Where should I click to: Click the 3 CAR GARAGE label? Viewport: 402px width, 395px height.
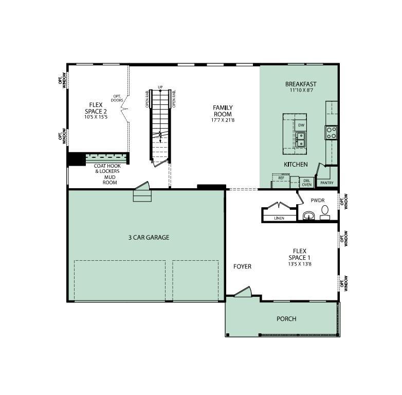[149, 238]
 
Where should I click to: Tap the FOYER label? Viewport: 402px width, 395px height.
[242, 266]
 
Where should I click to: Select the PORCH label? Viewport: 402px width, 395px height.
[286, 319]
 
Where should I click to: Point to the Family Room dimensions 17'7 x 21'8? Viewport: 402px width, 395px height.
[223, 121]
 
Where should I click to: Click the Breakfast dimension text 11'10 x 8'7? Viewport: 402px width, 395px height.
[301, 91]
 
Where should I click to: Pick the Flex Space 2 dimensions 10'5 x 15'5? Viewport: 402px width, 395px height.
[96, 117]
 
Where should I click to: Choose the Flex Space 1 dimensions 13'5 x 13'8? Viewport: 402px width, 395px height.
[299, 264]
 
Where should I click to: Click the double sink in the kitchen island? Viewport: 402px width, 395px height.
[301, 139]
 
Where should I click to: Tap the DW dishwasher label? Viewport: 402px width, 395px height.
[301, 125]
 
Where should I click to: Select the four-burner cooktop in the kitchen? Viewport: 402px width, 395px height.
[331, 133]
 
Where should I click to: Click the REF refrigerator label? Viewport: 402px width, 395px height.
[281, 178]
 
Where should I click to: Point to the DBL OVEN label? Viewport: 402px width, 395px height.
[306, 182]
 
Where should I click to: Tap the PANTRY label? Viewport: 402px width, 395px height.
[326, 183]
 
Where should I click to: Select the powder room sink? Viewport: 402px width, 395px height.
[309, 215]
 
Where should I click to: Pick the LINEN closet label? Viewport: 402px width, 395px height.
[279, 218]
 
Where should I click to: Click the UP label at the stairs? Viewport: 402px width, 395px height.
[160, 87]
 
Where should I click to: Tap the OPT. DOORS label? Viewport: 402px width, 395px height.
[117, 98]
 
